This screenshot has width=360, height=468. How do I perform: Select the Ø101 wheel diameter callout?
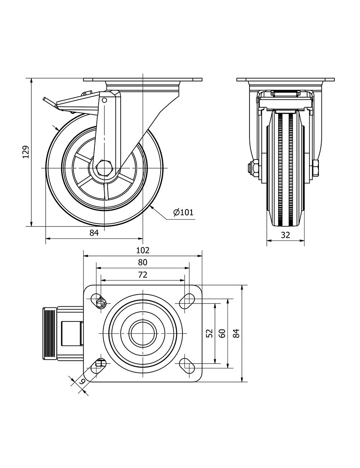pyautogui.click(x=183, y=212)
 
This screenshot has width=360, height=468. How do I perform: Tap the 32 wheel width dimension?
pyautogui.click(x=285, y=235)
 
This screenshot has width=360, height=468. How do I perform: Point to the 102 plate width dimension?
pyautogui.click(x=143, y=250)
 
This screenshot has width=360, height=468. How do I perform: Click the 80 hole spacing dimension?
pyautogui.click(x=143, y=262)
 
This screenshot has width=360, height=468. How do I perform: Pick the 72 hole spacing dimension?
pyautogui.click(x=143, y=275)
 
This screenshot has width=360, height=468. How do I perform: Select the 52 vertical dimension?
pyautogui.click(x=210, y=333)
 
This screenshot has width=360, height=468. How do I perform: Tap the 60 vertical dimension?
pyautogui.click(x=222, y=333)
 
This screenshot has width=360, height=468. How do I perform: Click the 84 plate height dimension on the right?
pyautogui.click(x=236, y=333)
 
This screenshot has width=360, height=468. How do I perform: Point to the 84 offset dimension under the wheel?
pyautogui.click(x=94, y=233)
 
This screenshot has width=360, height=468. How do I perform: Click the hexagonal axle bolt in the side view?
pyautogui.click(x=104, y=168)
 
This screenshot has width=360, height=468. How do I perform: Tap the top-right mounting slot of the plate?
pyautogui.click(x=186, y=301)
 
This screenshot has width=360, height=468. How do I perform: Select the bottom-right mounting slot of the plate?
pyautogui.click(x=186, y=366)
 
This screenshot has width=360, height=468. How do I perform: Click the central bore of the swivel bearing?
pyautogui.click(x=143, y=333)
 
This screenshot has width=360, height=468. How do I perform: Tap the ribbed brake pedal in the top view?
pyautogui.click(x=50, y=333)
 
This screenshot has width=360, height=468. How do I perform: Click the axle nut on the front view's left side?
pyautogui.click(x=255, y=168)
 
